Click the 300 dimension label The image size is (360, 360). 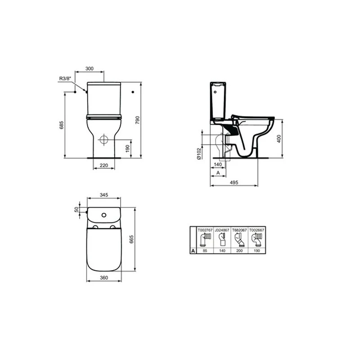(89, 68)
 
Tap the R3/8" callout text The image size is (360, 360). (65, 78)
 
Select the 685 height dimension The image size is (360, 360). (61, 125)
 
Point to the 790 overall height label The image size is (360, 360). (137, 120)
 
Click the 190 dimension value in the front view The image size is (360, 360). (128, 148)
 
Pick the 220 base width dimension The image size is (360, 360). (104, 165)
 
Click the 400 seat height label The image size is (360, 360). (279, 139)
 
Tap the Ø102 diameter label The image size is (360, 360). (199, 153)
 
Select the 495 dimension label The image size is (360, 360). (234, 183)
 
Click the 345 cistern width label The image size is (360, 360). (104, 195)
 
